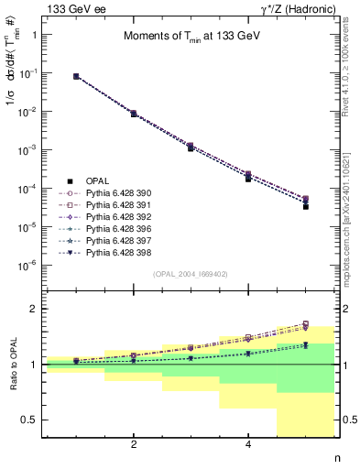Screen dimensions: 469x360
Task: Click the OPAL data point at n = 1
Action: tap(76, 77)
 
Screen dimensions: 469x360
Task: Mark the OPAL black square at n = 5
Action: tap(306, 206)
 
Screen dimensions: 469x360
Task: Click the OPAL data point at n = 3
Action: tap(191, 147)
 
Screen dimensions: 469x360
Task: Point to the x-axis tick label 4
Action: tap(248, 444)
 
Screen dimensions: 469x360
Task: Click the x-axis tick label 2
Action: tap(134, 444)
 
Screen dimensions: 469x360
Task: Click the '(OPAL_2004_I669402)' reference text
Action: tap(191, 273)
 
